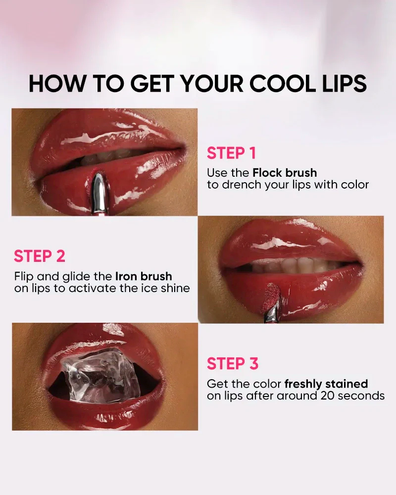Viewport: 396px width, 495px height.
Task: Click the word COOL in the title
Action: click(x=282, y=84)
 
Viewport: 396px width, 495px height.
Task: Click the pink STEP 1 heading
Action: click(x=231, y=153)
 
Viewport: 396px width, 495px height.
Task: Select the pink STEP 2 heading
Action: click(x=40, y=256)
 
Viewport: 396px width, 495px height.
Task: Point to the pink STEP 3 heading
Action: click(x=233, y=363)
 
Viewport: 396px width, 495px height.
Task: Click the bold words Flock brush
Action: click(x=285, y=173)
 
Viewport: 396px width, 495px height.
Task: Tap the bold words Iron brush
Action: click(x=144, y=276)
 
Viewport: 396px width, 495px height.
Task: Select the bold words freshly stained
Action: click(x=326, y=384)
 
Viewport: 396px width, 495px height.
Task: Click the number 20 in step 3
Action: click(x=328, y=396)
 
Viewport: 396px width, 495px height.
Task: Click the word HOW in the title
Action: click(x=57, y=84)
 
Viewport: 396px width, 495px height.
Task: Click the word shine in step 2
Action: click(x=175, y=288)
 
